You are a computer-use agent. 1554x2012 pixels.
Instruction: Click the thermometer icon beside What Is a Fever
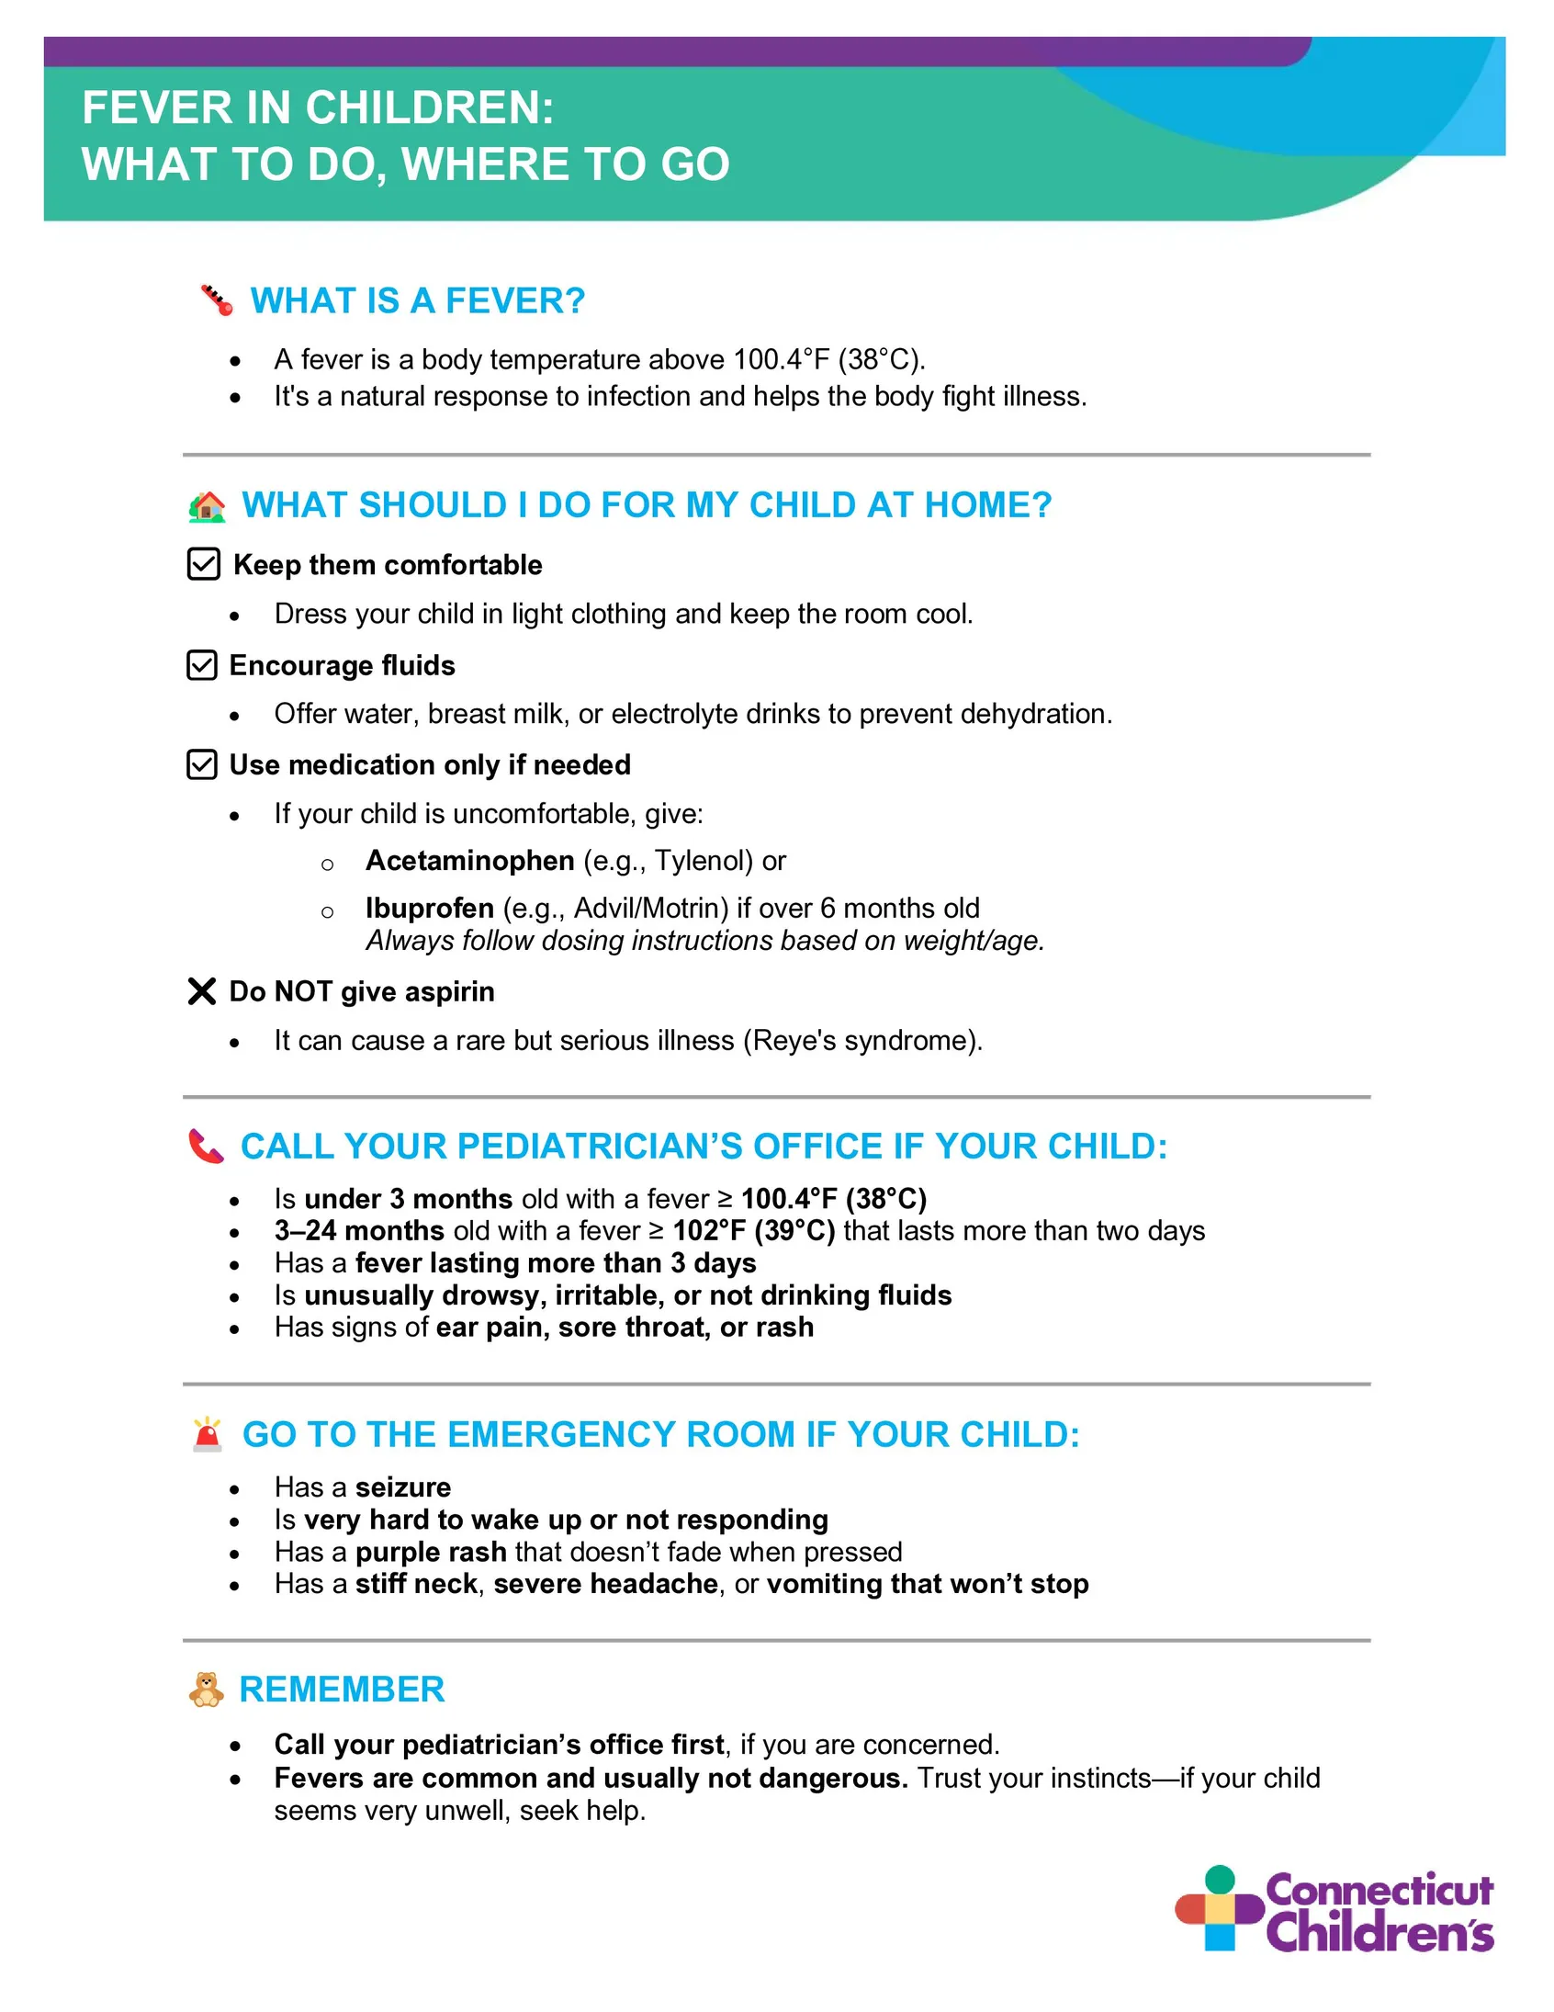[217, 300]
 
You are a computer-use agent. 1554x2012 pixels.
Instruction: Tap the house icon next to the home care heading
[208, 506]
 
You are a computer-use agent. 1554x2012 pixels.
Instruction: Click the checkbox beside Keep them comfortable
[204, 564]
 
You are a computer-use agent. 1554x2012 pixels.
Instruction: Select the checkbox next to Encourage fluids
[202, 665]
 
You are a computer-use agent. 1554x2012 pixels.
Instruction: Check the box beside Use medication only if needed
[202, 764]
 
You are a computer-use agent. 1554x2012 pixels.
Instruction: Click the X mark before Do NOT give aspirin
[202, 991]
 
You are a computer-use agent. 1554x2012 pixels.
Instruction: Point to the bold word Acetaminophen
[470, 861]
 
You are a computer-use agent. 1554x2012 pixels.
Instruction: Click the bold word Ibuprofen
[429, 909]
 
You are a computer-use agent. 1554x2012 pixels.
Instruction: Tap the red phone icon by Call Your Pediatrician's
[207, 1147]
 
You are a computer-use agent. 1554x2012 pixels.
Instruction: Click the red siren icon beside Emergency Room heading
[208, 1434]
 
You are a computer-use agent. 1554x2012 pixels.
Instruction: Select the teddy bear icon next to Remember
[207, 1690]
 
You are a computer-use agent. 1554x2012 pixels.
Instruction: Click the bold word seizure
[403, 1487]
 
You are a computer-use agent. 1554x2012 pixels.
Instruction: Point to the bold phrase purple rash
[431, 1553]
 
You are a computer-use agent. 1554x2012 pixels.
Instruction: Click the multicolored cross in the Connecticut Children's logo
[1219, 1908]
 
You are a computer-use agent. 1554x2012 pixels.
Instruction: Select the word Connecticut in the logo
[1379, 1890]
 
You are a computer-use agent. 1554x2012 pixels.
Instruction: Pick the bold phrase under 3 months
[408, 1199]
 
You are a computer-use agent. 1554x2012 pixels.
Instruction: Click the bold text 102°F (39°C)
[753, 1231]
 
